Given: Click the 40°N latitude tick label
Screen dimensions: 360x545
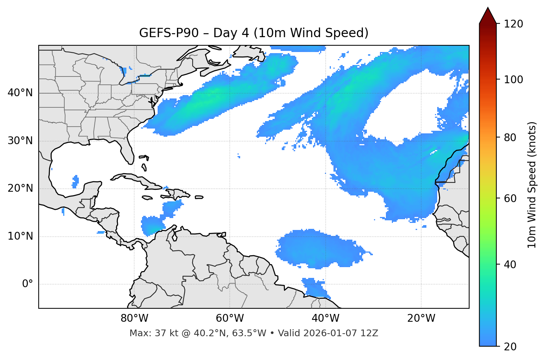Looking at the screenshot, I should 20,93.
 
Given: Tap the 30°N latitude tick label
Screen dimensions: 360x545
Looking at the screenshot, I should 20,141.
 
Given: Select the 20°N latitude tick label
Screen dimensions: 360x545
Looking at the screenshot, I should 20,189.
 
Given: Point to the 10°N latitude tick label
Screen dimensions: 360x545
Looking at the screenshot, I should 20,236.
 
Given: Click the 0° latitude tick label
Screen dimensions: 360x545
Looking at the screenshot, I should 28,284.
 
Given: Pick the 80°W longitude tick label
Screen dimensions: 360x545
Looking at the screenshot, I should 134,318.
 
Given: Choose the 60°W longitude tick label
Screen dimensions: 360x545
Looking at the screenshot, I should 230,318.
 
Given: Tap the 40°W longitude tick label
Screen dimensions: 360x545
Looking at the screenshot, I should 325,318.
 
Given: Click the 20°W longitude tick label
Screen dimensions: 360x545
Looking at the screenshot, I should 421,318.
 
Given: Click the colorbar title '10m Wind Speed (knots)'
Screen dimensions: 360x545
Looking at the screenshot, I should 532,185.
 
